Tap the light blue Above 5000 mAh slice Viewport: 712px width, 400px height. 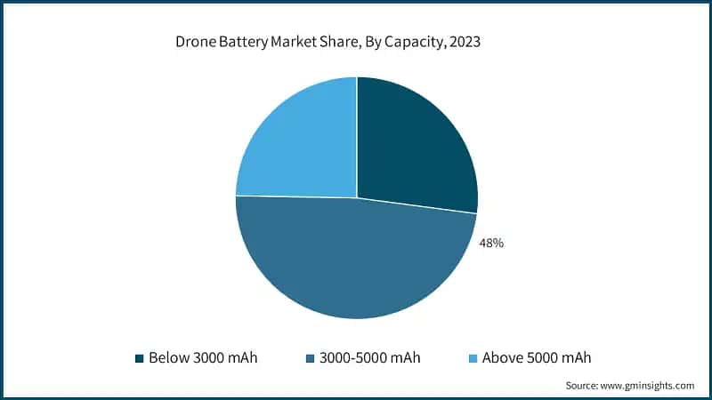[x=298, y=142]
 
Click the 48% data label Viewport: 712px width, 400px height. [x=491, y=242]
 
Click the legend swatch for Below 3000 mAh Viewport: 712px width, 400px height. [x=140, y=358]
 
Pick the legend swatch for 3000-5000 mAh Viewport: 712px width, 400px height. [x=309, y=358]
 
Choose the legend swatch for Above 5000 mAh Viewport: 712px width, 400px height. [x=473, y=358]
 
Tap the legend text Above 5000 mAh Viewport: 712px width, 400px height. [x=536, y=358]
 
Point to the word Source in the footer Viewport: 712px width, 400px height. [x=584, y=386]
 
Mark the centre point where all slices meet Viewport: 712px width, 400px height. [x=357, y=197]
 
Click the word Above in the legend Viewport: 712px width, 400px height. [x=502, y=358]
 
